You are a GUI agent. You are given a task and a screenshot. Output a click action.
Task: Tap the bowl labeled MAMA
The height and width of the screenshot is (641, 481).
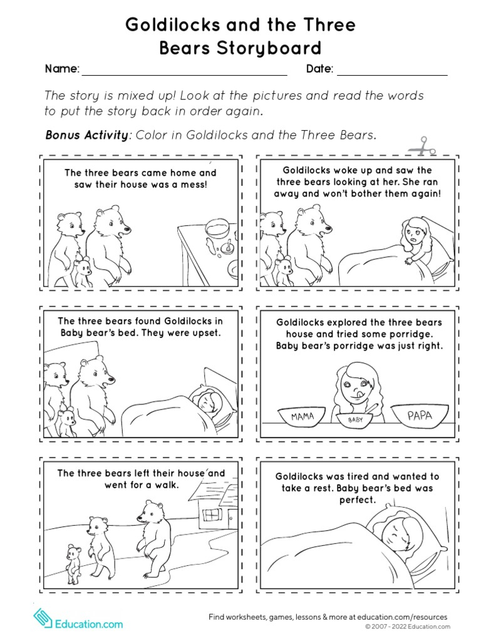[x=303, y=416]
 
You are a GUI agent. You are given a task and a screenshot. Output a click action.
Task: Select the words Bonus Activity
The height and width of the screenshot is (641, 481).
[x=86, y=135]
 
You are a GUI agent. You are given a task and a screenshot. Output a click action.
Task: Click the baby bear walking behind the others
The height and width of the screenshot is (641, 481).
[x=74, y=560]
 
